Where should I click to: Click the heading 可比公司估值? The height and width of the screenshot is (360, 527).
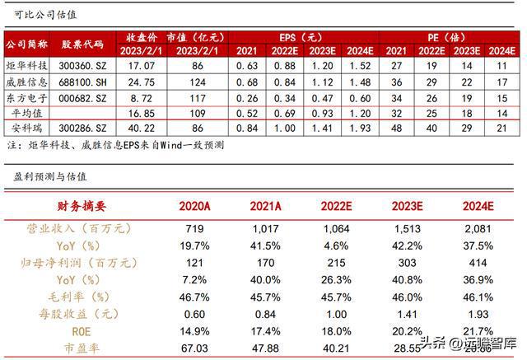click(x=39, y=13)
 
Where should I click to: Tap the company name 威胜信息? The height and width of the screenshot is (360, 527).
click(x=27, y=82)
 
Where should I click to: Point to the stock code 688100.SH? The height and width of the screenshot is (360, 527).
click(x=87, y=82)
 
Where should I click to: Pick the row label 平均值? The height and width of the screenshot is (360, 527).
click(x=27, y=113)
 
